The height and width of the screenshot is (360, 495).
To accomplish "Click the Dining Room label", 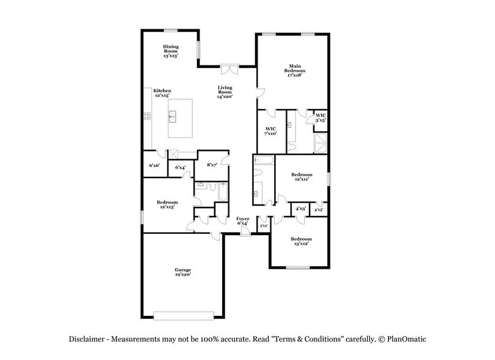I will pyautogui.click(x=170, y=51).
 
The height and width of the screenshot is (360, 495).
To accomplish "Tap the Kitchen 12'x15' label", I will pyautogui.click(x=162, y=94).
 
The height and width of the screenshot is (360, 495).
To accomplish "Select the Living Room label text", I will pyautogui.click(x=225, y=92).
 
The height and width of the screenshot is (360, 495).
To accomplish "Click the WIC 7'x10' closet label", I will pyautogui.click(x=270, y=130).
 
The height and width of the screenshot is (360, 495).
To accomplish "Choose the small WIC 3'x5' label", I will pyautogui.click(x=319, y=118).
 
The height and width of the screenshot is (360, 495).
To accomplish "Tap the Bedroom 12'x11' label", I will pyautogui.click(x=301, y=178).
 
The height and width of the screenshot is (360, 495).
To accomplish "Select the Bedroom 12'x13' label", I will pyautogui.click(x=166, y=205).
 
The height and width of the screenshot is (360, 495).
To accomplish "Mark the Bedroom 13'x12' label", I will pyautogui.click(x=301, y=241).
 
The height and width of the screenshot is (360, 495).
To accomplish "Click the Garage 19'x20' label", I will pyautogui.click(x=182, y=272).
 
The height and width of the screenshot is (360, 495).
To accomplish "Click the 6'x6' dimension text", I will pyautogui.click(x=154, y=165).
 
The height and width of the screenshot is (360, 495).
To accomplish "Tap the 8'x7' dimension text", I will pyautogui.click(x=212, y=165).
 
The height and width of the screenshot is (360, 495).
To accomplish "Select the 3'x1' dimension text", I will pyautogui.click(x=263, y=227).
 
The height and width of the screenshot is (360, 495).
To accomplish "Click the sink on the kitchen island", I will pyautogui.click(x=173, y=114).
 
